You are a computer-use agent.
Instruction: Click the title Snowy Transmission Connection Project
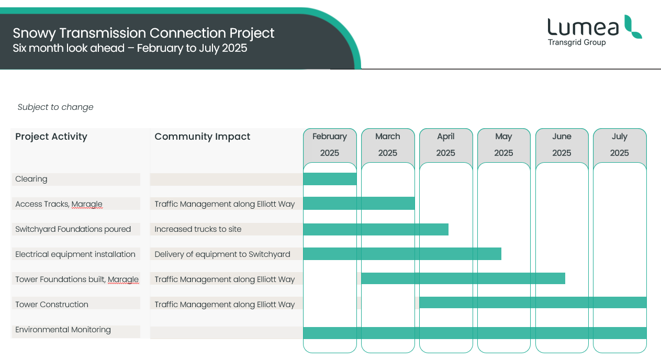pos(143,33)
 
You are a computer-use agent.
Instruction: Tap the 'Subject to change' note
pos(55,107)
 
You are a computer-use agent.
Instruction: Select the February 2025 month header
pos(330,144)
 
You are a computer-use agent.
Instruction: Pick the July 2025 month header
pos(619,144)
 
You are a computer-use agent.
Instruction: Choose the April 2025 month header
pos(445,144)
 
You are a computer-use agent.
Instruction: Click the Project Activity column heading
pos(51,137)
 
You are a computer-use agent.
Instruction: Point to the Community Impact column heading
pos(203,137)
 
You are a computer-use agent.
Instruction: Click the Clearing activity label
pos(31,179)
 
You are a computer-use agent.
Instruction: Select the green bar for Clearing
pos(330,179)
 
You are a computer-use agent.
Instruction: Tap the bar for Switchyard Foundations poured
pos(376,229)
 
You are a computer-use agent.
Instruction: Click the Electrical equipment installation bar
pos(402,254)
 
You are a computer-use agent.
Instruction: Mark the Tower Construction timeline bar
pos(533,302)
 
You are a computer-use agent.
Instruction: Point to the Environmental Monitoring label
pos(63,330)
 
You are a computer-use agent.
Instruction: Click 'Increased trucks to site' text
pos(198,229)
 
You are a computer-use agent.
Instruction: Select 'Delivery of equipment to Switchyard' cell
pos(222,254)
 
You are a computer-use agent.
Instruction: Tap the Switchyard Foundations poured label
pos(73,229)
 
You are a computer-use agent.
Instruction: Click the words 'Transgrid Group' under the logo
pos(577,42)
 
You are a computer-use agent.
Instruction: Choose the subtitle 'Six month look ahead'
pos(69,48)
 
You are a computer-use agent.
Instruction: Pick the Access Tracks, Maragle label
pos(59,204)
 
